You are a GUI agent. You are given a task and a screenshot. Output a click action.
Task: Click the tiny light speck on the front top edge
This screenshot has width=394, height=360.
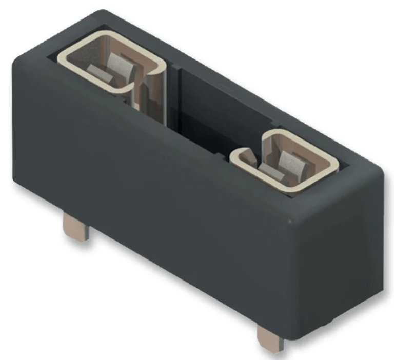click(291, 222)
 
